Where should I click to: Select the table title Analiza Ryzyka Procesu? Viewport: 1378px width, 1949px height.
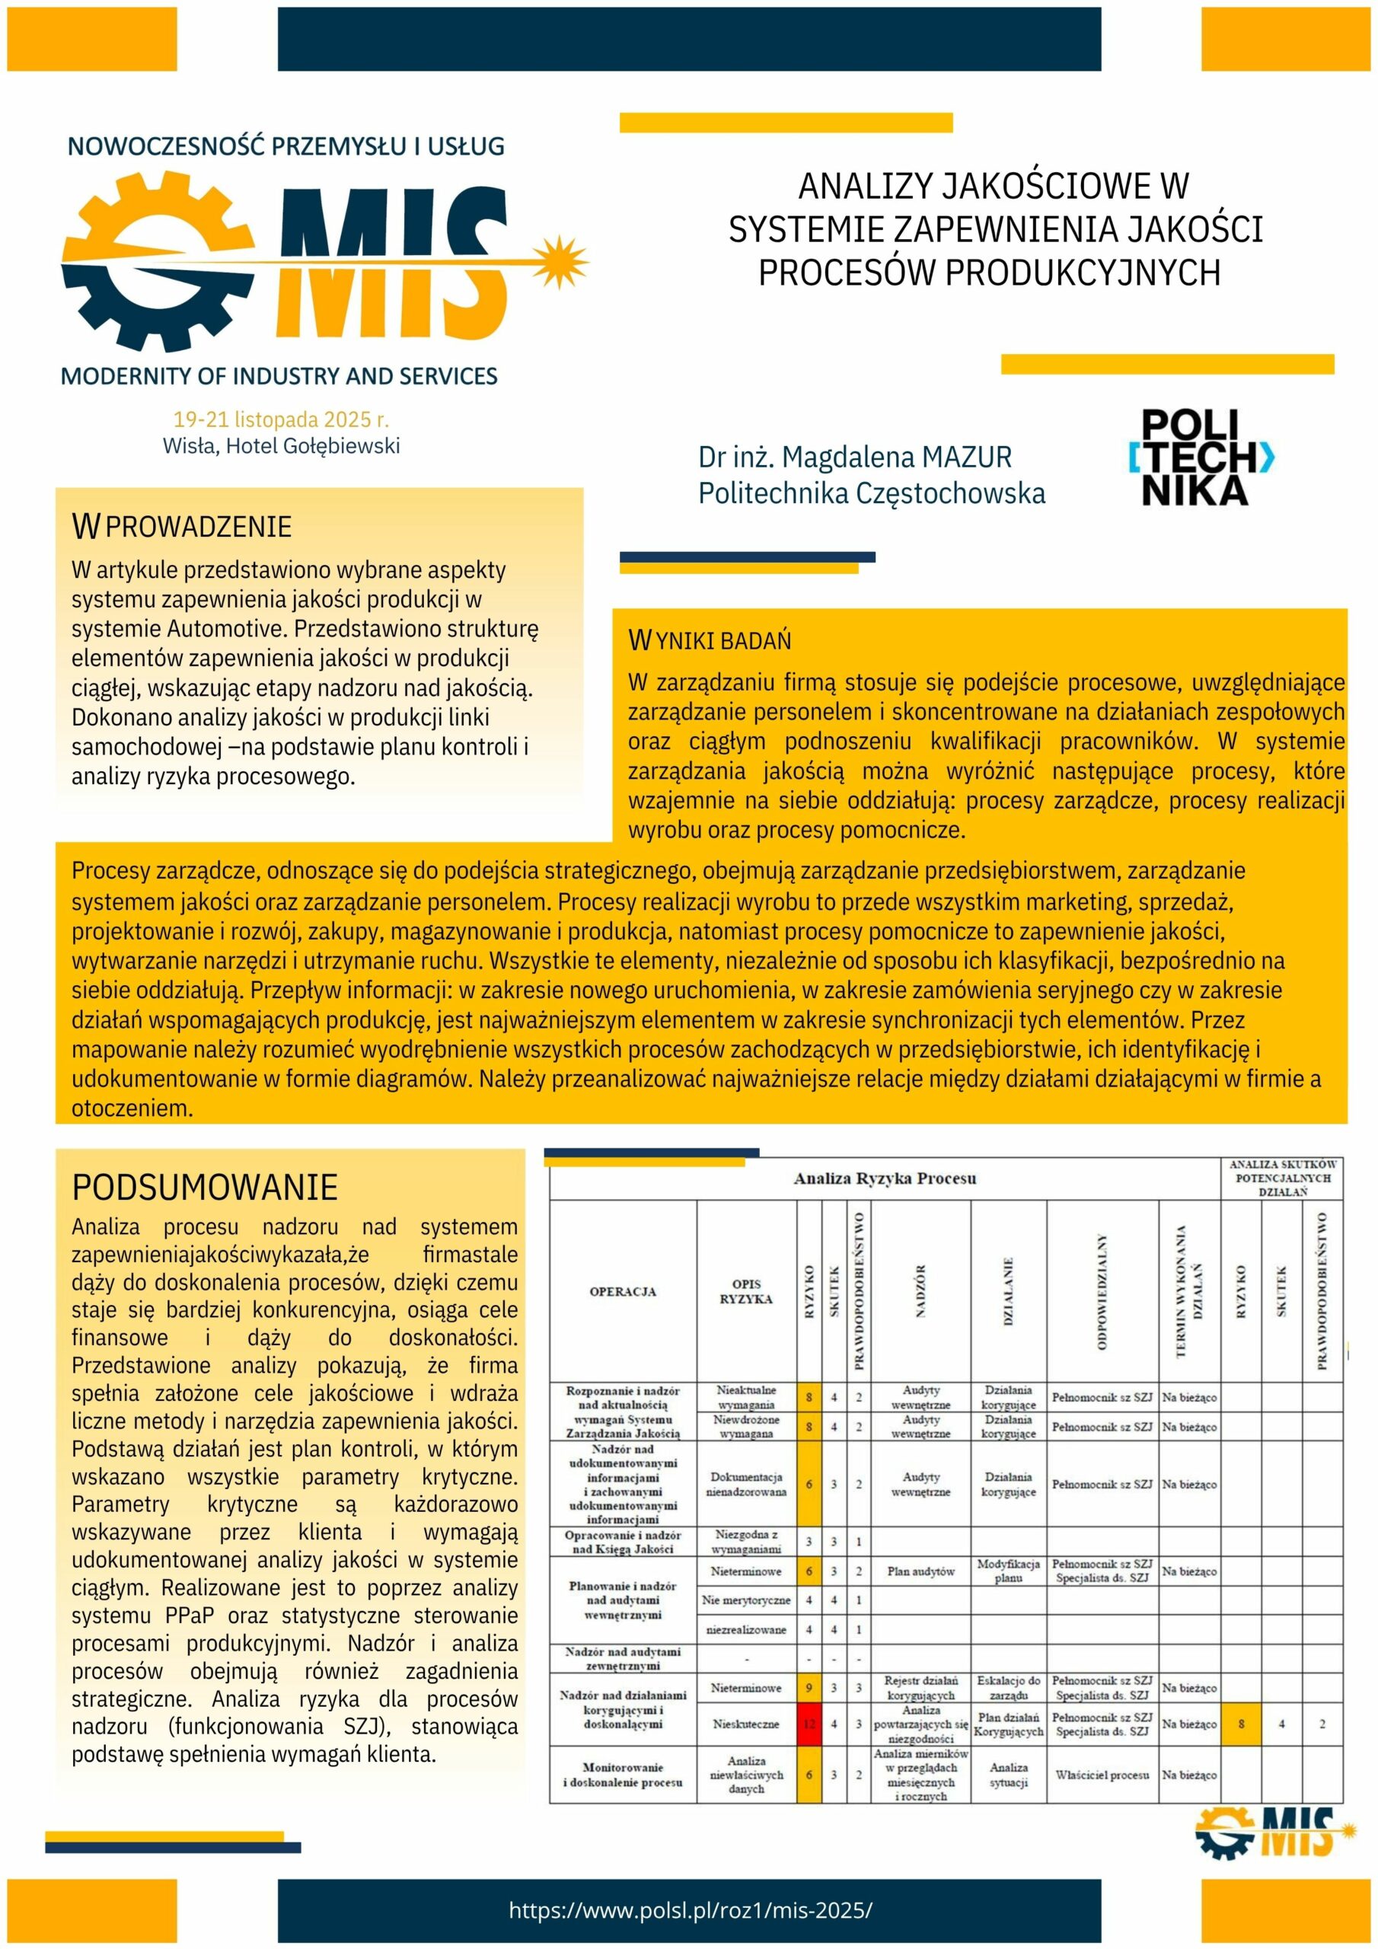point(885,1179)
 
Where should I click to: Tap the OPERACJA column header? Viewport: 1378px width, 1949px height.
point(622,1291)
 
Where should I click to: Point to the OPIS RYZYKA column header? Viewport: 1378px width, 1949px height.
point(745,1291)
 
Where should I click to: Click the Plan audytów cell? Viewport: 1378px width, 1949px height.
point(920,1571)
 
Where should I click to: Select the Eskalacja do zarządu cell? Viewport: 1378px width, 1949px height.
point(1008,1688)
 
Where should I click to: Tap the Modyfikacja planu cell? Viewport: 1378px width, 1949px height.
point(1008,1571)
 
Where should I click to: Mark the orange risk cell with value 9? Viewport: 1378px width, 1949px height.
point(809,1688)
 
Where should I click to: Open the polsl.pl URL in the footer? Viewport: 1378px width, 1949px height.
point(691,1910)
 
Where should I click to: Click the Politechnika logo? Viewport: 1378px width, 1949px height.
point(1201,458)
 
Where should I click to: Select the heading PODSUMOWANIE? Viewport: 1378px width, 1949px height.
point(205,1187)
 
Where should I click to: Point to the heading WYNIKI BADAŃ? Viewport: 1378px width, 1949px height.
point(709,640)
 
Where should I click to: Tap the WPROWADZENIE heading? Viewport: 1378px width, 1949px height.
point(182,526)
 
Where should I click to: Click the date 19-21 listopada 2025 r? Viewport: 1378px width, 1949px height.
point(281,419)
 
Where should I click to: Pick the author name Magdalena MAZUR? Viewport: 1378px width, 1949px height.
point(854,457)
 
